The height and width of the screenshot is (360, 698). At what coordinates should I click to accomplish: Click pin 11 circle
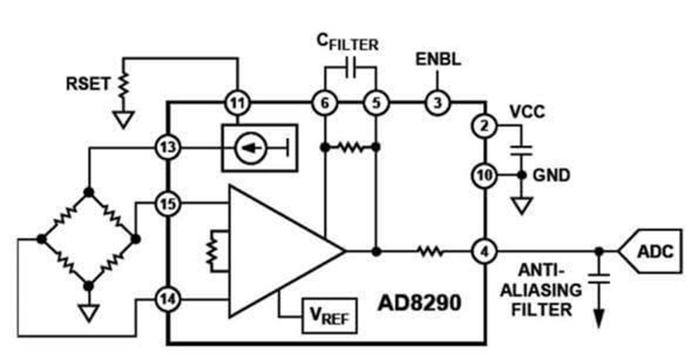click(x=237, y=103)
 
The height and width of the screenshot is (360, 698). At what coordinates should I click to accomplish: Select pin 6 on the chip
click(x=325, y=103)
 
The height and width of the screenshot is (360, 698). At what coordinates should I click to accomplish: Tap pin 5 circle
click(x=376, y=103)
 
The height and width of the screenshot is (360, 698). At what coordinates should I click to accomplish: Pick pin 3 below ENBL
click(x=437, y=102)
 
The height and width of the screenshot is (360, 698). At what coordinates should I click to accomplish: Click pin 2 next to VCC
click(x=484, y=126)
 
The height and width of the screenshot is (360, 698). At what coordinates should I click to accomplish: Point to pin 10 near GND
click(x=484, y=175)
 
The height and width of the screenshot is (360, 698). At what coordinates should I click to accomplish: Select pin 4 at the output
click(x=484, y=252)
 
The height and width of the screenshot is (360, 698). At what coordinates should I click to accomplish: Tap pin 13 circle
click(x=168, y=147)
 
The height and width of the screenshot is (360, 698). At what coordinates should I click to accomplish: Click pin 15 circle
click(x=168, y=204)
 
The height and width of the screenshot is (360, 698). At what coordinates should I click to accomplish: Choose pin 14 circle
click(x=168, y=299)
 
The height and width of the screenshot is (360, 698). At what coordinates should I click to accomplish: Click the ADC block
click(x=651, y=251)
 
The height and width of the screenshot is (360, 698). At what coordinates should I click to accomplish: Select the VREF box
click(x=330, y=316)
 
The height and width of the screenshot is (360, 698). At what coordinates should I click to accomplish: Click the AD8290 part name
click(x=420, y=303)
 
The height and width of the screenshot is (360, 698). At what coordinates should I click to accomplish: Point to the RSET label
click(x=88, y=84)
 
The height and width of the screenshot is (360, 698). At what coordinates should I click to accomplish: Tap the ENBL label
click(x=438, y=59)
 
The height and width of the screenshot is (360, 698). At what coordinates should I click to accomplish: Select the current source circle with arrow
click(x=251, y=148)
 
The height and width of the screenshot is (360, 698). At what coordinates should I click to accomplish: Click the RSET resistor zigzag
click(x=123, y=84)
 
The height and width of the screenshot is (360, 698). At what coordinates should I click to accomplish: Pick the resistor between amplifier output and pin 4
click(x=430, y=252)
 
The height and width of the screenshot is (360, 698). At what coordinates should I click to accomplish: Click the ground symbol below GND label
click(x=522, y=205)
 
